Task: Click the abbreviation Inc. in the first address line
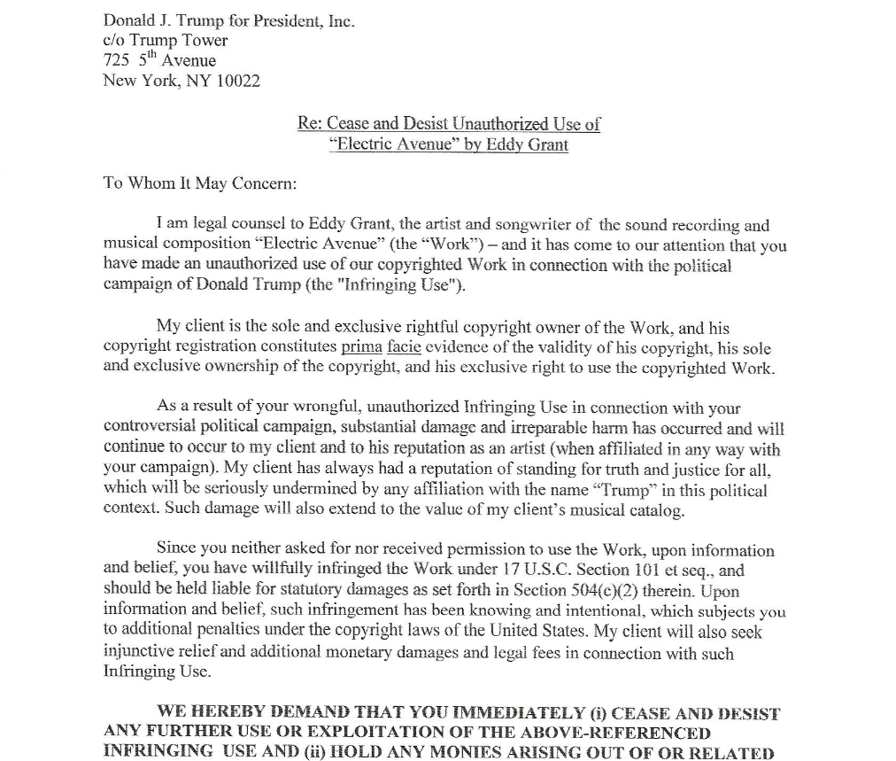coord(341,20)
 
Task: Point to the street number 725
coord(116,60)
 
